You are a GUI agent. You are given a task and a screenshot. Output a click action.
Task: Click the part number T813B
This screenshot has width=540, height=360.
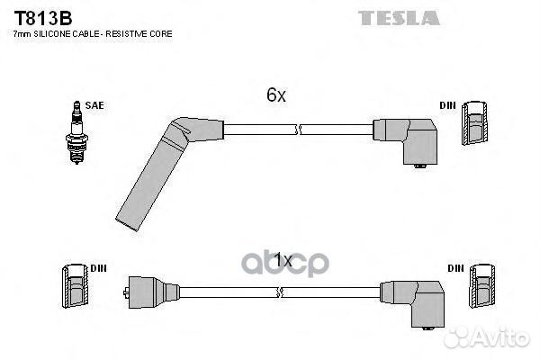(x=42, y=18)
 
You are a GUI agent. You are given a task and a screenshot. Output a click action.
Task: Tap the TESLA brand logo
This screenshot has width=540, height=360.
(x=399, y=18)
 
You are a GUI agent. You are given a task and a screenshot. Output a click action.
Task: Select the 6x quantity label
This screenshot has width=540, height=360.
(x=276, y=94)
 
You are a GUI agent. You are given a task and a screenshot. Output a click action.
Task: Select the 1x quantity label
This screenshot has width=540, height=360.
(x=283, y=260)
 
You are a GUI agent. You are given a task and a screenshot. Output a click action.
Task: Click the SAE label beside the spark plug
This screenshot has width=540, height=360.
(x=94, y=105)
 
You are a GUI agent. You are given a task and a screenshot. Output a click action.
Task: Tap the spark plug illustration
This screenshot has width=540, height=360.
(x=76, y=132)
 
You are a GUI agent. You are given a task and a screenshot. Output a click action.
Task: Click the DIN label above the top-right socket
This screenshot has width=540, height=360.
(x=447, y=105)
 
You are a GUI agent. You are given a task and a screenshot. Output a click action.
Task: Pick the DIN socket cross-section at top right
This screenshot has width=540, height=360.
(x=474, y=123)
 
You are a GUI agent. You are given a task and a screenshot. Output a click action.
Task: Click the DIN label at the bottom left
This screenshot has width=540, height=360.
(x=98, y=268)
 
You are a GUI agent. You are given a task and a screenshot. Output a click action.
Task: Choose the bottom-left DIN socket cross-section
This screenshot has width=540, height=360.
(x=76, y=286)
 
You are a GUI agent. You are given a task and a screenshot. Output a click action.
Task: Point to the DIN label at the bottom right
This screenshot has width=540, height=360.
(x=455, y=268)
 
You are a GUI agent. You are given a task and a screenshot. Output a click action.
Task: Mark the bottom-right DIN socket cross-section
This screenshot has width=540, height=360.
(x=482, y=286)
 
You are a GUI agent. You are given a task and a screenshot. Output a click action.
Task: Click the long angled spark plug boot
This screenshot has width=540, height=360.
(x=158, y=166)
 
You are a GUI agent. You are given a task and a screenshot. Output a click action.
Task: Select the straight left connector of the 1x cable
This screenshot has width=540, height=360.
(x=151, y=292)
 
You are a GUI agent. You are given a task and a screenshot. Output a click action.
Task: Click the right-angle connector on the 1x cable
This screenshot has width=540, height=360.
(x=413, y=303)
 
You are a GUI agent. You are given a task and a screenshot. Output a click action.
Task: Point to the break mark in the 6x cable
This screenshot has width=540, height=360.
(x=299, y=130)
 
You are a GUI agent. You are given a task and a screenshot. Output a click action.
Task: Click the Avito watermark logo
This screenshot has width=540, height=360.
(x=487, y=337)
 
